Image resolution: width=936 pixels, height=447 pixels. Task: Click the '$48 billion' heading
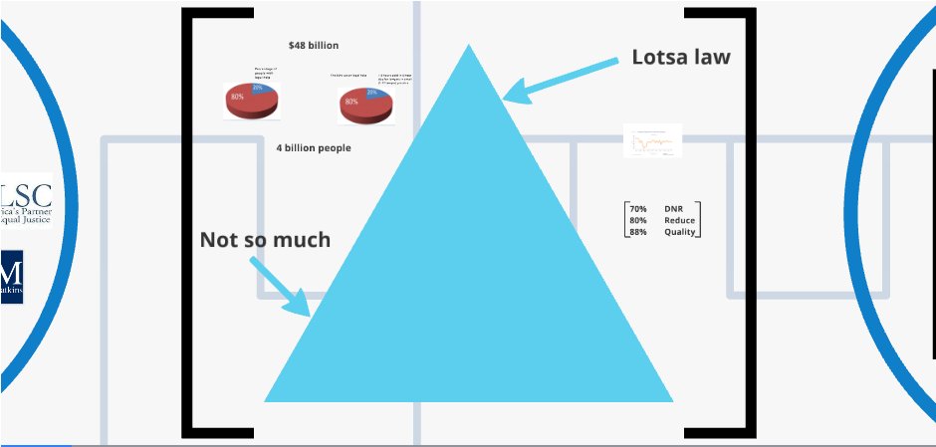coord(313,46)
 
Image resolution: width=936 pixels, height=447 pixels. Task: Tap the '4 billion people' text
coord(314,147)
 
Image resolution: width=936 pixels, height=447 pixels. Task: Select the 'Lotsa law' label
coord(681,57)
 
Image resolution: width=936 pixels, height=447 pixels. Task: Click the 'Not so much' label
coord(265,239)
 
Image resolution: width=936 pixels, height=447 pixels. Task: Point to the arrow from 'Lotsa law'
coord(562,79)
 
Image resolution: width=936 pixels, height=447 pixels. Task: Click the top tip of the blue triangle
coord(468,49)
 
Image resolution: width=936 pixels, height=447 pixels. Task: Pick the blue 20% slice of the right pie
coord(374,93)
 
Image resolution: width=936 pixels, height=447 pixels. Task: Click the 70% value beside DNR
coord(637,209)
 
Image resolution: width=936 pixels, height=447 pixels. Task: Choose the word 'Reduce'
coord(679,220)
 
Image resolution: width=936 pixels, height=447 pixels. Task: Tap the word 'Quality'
coord(680,232)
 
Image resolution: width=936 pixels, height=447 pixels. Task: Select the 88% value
coord(637,232)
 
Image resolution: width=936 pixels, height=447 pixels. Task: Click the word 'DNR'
coord(674,209)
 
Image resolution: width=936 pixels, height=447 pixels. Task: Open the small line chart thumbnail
coord(652,140)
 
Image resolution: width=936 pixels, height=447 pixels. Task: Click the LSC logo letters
coord(27,193)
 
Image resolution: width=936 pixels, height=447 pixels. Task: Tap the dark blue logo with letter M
coord(12,277)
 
